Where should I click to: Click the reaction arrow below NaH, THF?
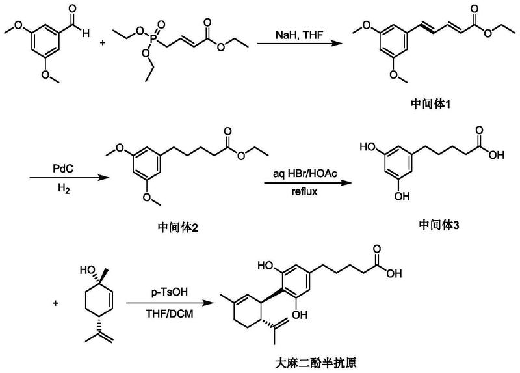click(x=298, y=43)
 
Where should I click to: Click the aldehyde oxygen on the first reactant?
click(x=80, y=8)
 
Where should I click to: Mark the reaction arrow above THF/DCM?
click(x=170, y=303)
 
